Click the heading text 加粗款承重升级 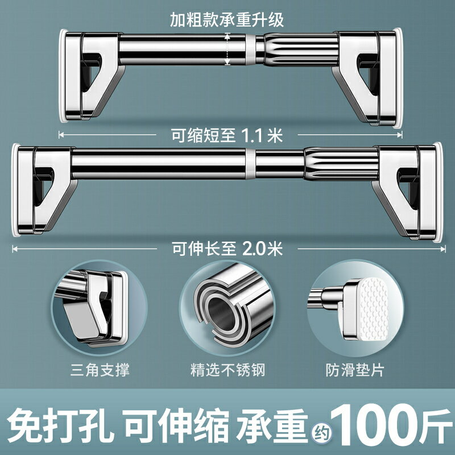226,20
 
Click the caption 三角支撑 100,370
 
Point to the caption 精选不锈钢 228,370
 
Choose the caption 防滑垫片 355,370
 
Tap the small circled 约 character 322,434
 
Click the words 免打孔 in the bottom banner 60,425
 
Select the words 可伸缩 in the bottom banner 177,425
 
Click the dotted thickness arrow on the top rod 227,49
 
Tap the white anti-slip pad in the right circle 374,308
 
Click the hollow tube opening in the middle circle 221,311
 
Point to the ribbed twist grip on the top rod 301,49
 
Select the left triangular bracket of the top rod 92,76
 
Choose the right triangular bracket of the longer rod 407,193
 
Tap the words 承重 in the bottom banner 272,425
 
